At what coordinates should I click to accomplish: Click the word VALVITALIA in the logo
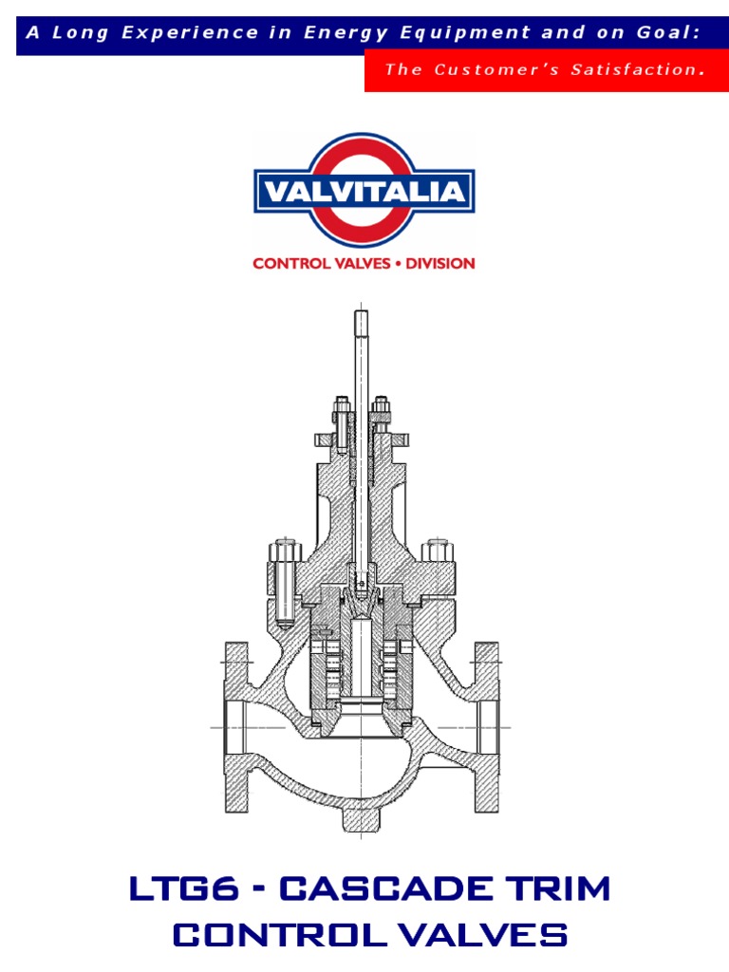[x=364, y=194]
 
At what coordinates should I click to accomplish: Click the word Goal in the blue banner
[x=666, y=32]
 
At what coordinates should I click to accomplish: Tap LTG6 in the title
[x=177, y=890]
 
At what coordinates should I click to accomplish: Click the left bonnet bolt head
[x=286, y=551]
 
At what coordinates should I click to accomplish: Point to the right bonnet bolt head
[x=438, y=551]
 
